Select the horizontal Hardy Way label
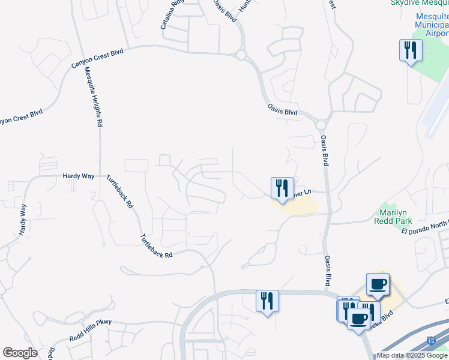coord(79,176)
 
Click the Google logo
coord(20,353)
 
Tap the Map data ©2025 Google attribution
coord(412,356)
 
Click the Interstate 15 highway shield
coord(432,341)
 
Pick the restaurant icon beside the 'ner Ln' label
coord(282,188)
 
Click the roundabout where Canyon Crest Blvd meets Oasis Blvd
coord(241,55)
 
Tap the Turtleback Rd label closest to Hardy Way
coord(119,192)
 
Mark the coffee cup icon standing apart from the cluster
coord(378,284)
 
